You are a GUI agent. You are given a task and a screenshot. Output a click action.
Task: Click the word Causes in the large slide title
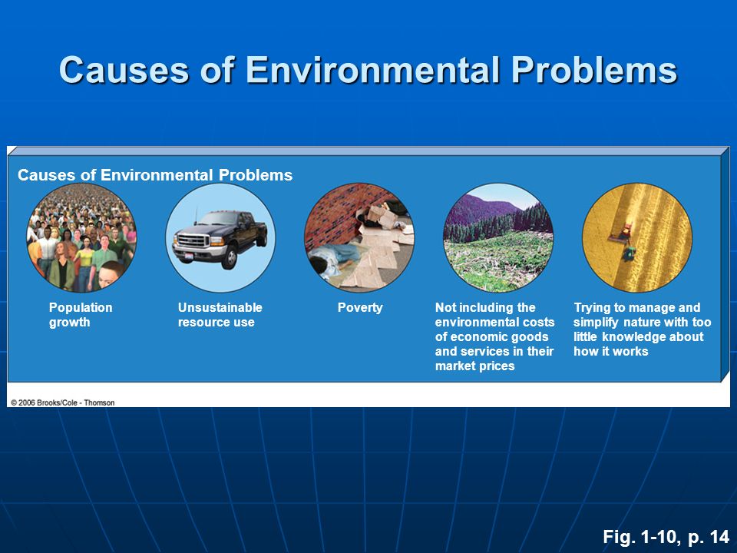124,70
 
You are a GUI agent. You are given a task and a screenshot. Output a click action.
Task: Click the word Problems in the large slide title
594,70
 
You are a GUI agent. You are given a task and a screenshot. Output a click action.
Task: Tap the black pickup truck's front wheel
230,257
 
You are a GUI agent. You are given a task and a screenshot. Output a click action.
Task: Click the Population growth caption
81,315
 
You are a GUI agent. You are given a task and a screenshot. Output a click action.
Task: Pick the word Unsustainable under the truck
220,307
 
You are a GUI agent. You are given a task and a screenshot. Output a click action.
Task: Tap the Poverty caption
360,307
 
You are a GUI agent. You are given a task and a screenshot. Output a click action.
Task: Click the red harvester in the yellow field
620,233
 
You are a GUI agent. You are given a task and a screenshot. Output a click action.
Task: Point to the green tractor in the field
628,253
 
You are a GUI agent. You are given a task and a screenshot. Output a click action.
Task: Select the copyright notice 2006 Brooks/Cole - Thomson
62,402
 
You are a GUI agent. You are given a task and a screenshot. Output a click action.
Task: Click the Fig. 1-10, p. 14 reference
666,537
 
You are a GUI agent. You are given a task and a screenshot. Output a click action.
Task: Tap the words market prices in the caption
474,366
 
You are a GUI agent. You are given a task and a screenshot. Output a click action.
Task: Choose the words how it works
610,351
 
